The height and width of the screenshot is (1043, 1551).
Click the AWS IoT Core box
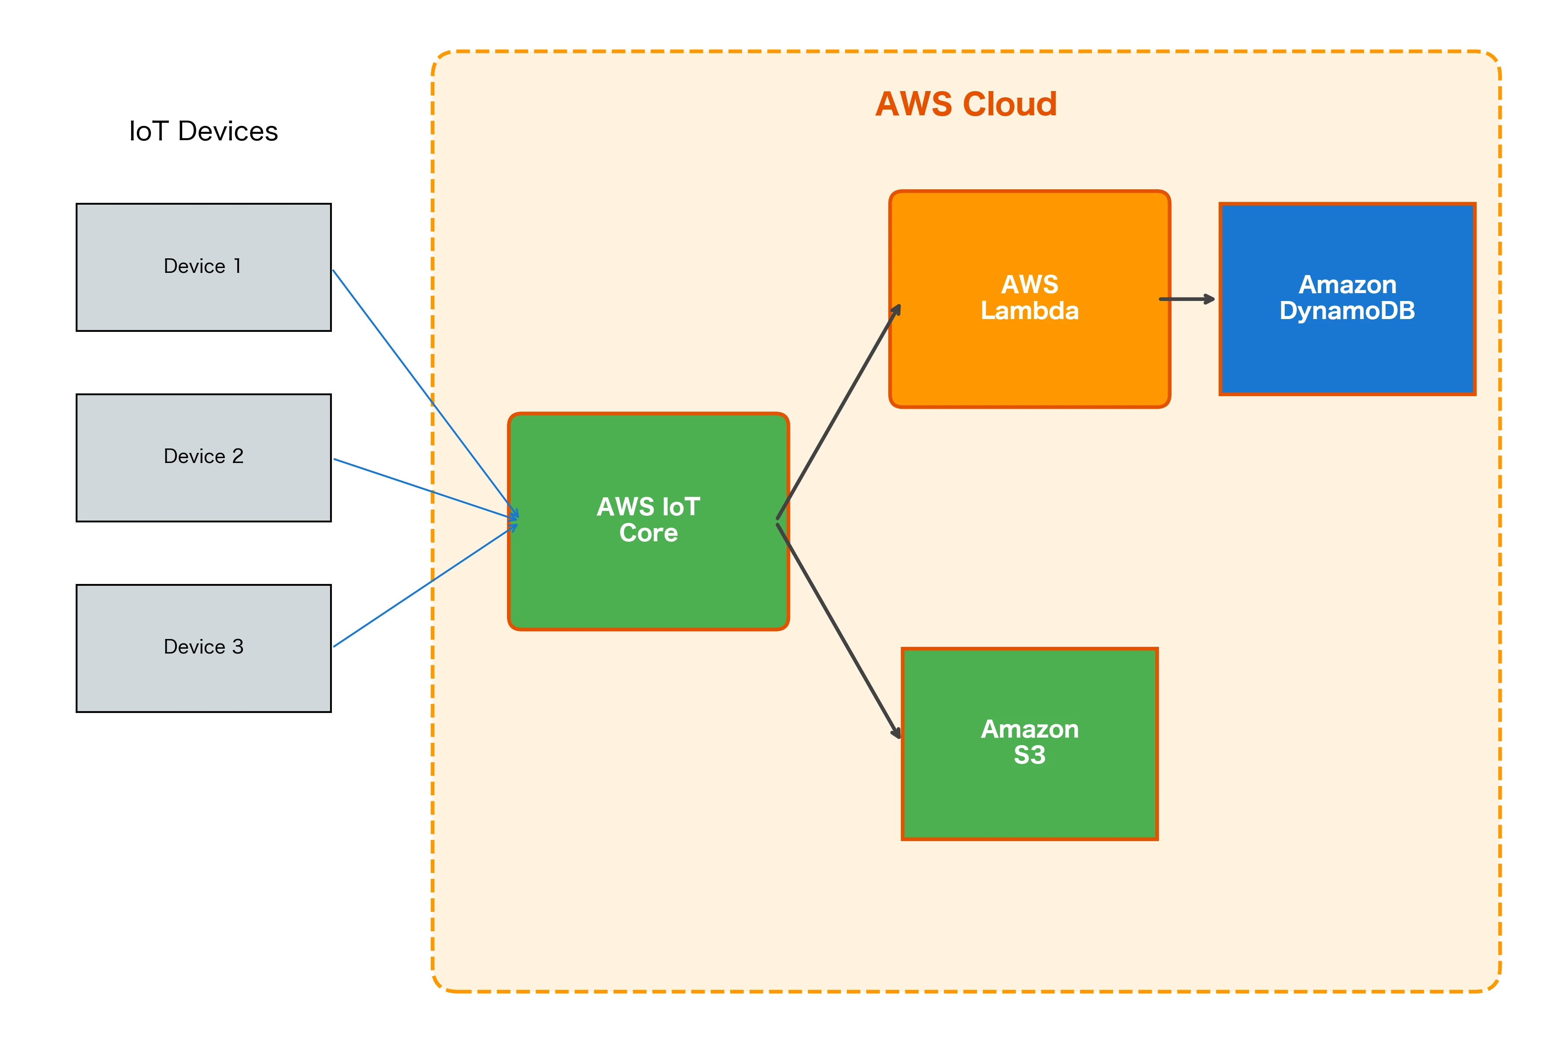click(x=648, y=572)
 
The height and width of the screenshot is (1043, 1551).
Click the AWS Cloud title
click(x=966, y=104)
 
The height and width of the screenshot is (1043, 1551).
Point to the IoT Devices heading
click(x=203, y=131)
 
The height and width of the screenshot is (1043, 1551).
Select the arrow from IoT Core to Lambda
click(x=838, y=412)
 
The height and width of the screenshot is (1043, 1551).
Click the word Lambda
click(x=1029, y=311)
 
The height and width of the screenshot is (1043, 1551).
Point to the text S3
click(x=1029, y=756)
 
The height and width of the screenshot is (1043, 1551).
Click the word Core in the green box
click(x=648, y=533)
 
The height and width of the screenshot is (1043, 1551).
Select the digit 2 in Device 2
click(x=237, y=456)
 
